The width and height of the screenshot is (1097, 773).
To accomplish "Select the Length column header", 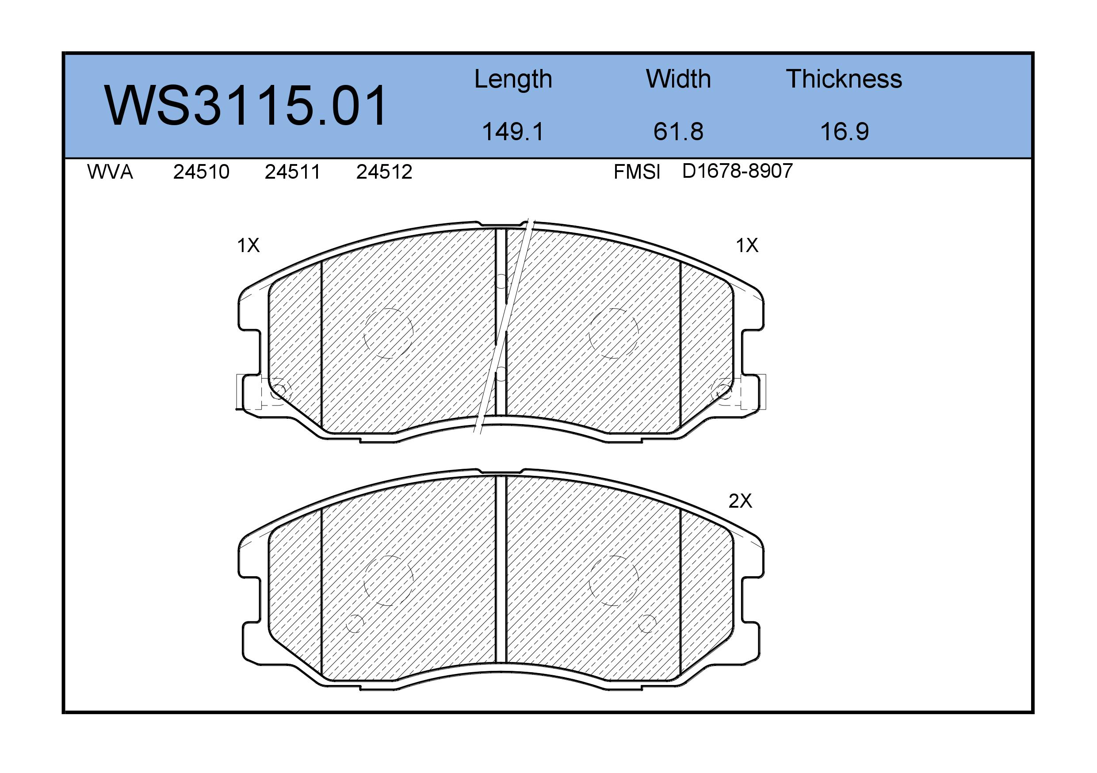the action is (513, 80).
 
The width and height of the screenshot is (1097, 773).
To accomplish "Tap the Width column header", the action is (678, 79).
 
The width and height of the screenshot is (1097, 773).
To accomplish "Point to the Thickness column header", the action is (844, 79).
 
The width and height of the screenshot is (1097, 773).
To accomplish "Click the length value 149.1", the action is (513, 132).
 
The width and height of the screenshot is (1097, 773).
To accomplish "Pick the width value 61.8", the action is (678, 132).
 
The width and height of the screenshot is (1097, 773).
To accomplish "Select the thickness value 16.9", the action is (844, 132).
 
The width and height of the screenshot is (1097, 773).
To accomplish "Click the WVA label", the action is (110, 172).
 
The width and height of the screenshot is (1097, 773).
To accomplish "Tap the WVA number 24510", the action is (201, 172).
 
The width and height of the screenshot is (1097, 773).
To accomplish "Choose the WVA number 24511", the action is (292, 172).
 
